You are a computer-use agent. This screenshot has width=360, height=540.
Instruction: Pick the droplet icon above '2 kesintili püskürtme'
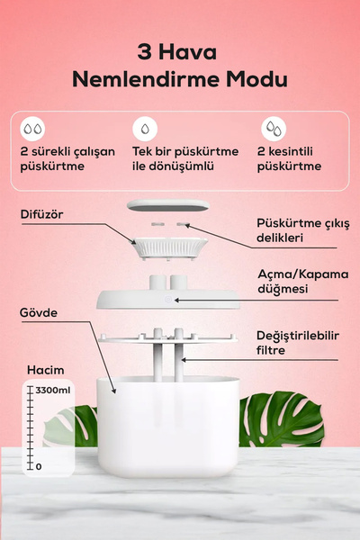[x=270, y=127]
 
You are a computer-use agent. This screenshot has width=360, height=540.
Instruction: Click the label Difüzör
[x=41, y=213]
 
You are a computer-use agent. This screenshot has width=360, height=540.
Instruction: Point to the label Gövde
[x=39, y=312]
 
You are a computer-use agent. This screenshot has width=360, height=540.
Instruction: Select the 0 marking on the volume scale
[x=38, y=466]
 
